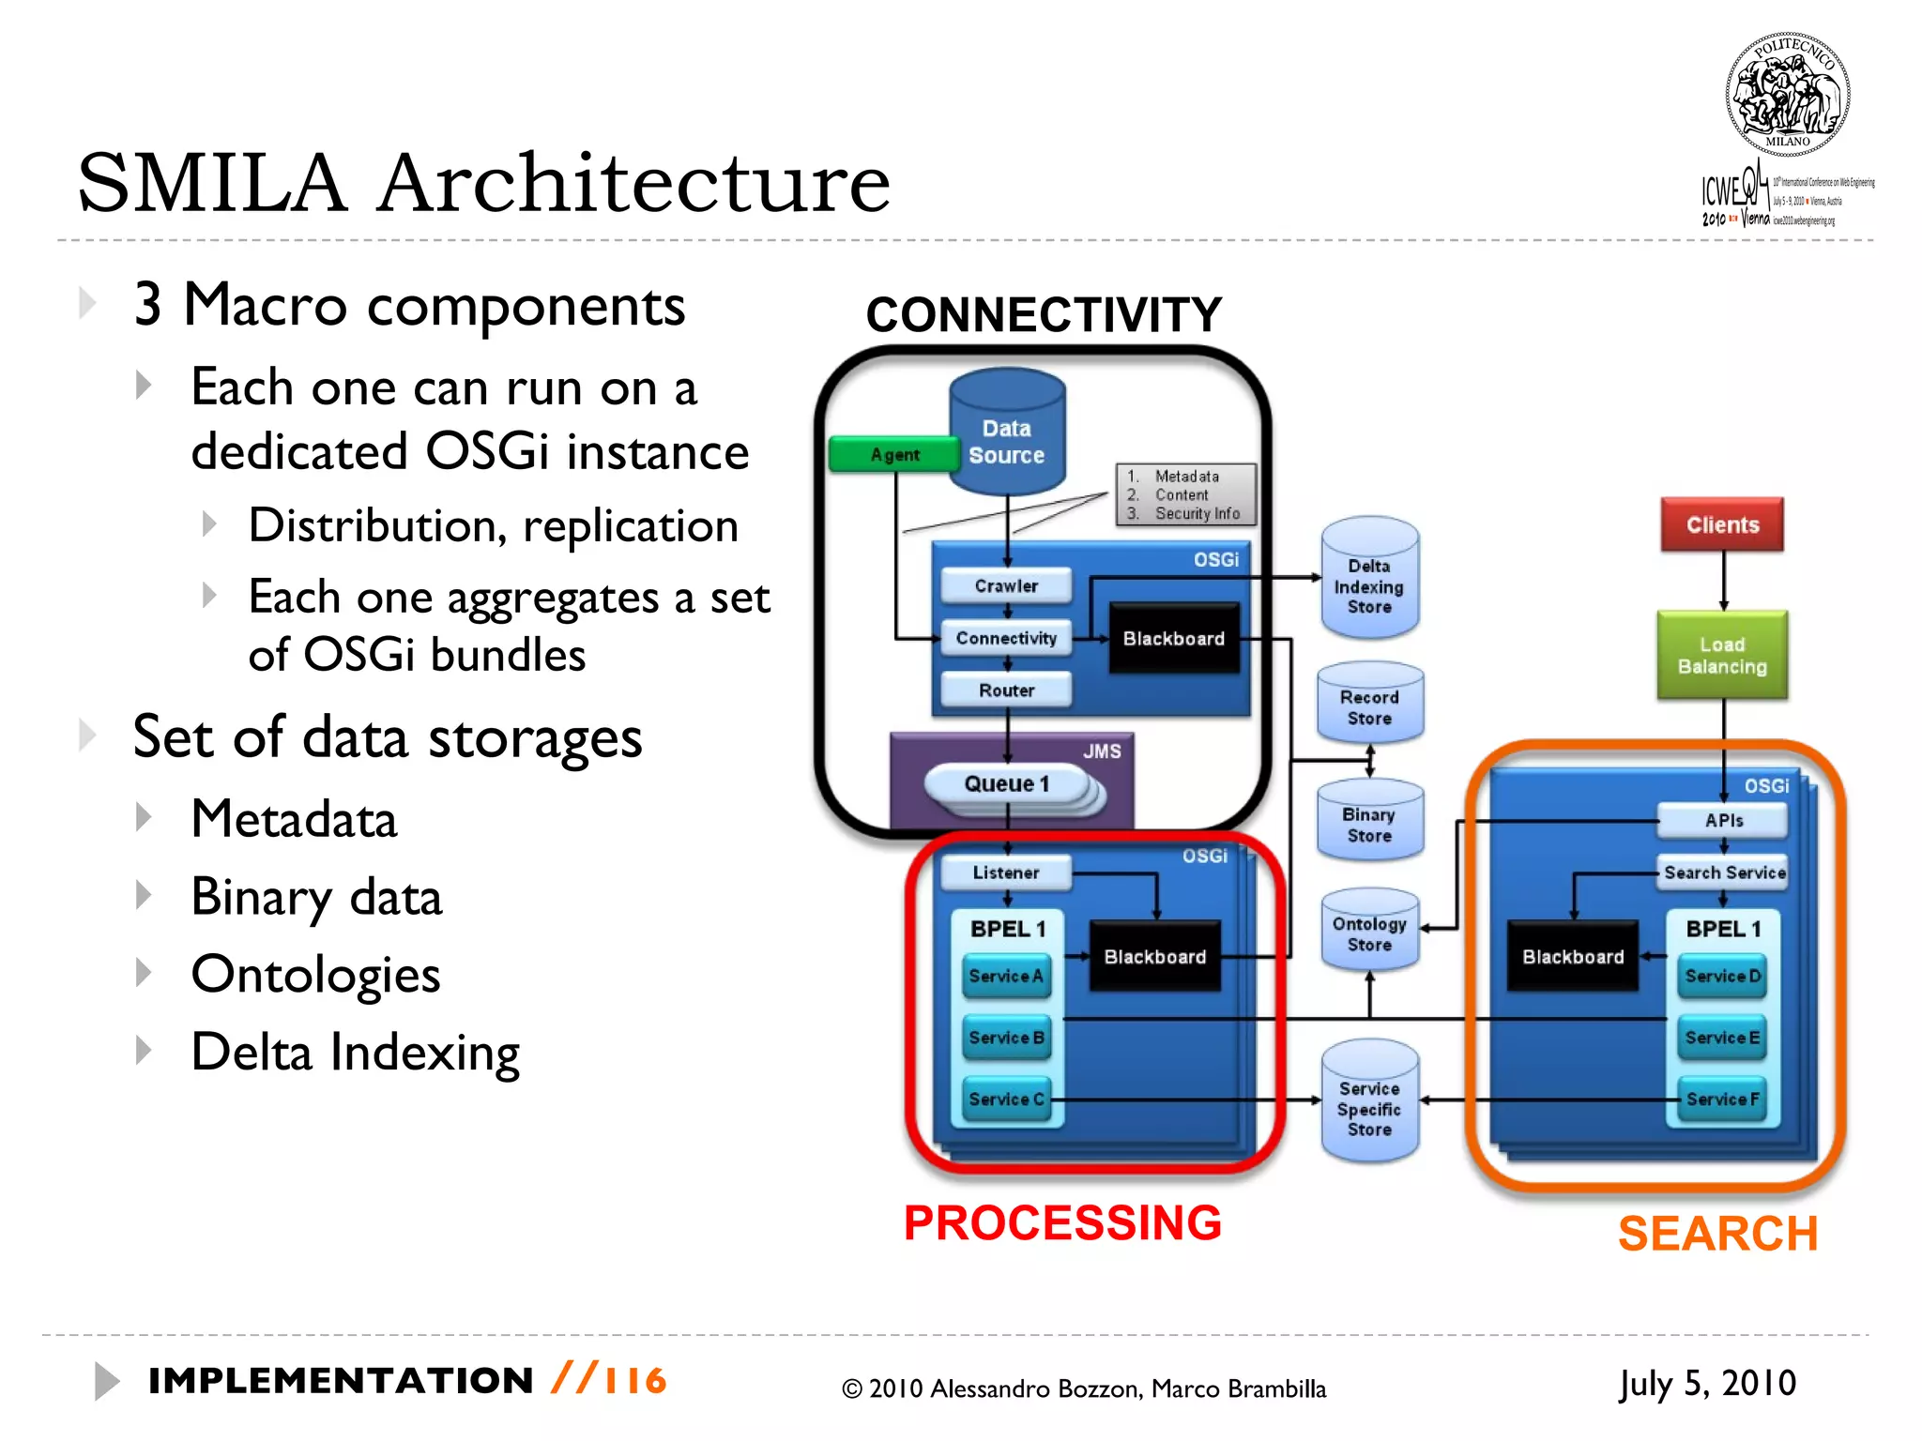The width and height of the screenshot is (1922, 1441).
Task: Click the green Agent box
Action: click(892, 455)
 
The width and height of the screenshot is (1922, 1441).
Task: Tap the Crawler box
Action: click(1006, 585)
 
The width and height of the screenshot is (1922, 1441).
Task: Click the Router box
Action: click(1006, 690)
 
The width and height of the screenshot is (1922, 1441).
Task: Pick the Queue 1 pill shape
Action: click(1006, 784)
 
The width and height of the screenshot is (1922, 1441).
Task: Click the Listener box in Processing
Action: click(1006, 872)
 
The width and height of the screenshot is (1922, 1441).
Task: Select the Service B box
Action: click(1006, 1038)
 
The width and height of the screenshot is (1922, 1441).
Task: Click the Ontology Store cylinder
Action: click(1369, 931)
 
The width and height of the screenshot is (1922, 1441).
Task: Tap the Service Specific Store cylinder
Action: click(1369, 1104)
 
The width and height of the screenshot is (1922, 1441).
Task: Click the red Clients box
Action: click(1722, 524)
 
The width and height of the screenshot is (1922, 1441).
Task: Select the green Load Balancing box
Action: click(1722, 655)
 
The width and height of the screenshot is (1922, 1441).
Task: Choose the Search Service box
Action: click(1724, 872)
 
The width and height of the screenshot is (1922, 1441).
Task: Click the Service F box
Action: click(1722, 1099)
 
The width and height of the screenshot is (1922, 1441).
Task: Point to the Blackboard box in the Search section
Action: click(1573, 957)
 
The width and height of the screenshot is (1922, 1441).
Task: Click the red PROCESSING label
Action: click(1062, 1223)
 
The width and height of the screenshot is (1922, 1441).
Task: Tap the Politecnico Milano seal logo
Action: click(1787, 95)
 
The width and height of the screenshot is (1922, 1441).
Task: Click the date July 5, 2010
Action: click(1706, 1383)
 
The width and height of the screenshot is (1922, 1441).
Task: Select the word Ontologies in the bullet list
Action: click(315, 974)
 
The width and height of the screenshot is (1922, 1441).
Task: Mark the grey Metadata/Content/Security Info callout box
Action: click(1185, 494)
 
